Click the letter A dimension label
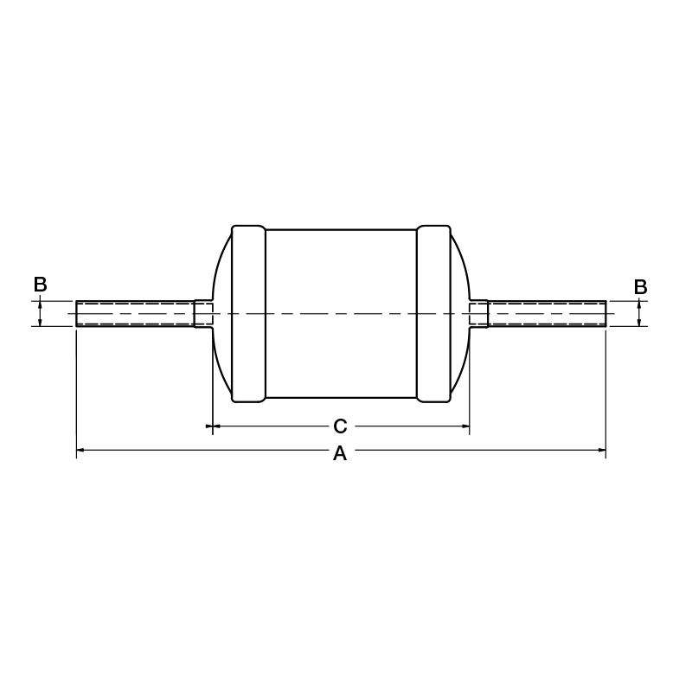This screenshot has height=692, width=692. coord(340,453)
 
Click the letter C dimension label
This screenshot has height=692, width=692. coord(340,426)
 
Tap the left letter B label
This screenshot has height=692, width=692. coord(40,285)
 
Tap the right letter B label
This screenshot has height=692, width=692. coord(640,287)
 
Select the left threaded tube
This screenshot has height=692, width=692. coord(135,314)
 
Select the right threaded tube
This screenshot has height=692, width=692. coord(547,314)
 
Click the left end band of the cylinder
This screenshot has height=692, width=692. coord(249,314)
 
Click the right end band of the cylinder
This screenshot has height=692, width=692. coord(434,314)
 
